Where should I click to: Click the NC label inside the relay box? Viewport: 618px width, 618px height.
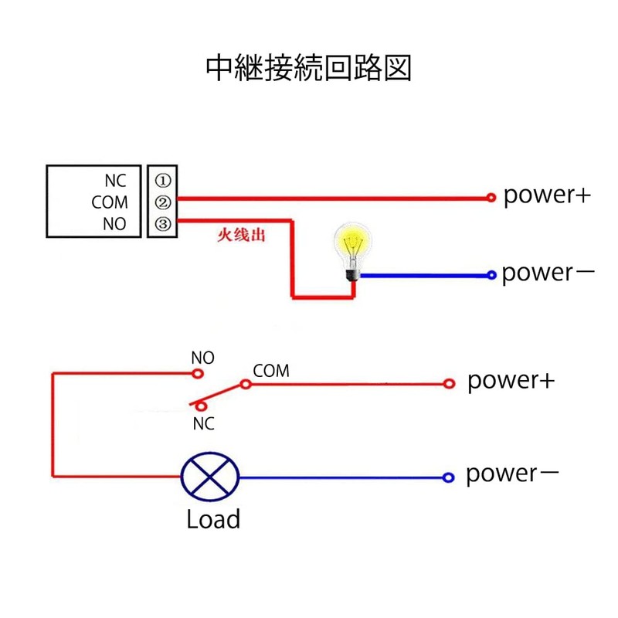[115, 181]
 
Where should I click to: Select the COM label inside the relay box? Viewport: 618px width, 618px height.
[109, 202]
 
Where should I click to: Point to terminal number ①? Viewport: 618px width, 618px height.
[162, 181]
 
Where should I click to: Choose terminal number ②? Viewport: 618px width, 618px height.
[162, 202]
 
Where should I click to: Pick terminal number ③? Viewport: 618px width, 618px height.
[162, 225]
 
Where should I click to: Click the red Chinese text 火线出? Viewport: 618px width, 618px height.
[241, 235]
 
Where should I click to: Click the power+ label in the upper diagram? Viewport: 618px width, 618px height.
[547, 195]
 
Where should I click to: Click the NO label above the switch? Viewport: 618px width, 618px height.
[202, 358]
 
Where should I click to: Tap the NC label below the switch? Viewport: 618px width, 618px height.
[203, 424]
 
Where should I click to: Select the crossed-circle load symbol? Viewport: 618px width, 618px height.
[209, 477]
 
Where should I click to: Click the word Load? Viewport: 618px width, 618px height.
[213, 519]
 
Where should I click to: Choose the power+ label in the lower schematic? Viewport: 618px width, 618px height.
[511, 381]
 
